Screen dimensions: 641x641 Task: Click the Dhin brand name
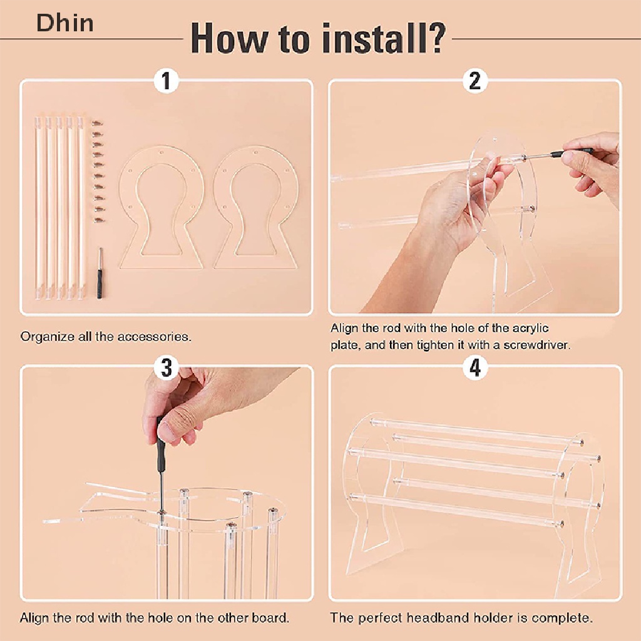click(65, 23)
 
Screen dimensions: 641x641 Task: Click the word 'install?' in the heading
click(383, 38)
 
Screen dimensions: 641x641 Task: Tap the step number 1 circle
click(166, 81)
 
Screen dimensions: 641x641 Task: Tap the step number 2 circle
click(474, 81)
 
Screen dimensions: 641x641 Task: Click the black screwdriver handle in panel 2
click(572, 153)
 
